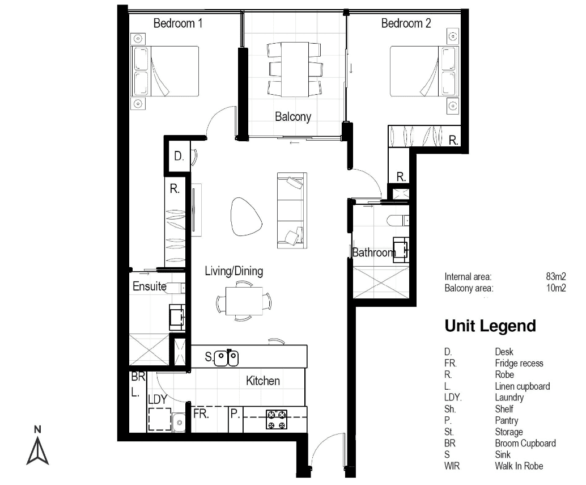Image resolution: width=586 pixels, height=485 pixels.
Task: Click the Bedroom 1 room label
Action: (x=178, y=24)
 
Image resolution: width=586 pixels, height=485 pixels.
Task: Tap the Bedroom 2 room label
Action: (x=406, y=24)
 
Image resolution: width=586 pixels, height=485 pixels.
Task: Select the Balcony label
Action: (x=293, y=117)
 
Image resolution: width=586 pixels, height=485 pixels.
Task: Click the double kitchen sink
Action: (x=227, y=357)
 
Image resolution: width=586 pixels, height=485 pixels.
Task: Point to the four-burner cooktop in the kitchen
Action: (x=277, y=419)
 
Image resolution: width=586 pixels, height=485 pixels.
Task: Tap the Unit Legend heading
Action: (x=490, y=326)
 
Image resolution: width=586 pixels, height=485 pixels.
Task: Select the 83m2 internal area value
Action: (x=556, y=277)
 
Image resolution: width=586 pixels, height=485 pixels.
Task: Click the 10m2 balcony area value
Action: (x=556, y=288)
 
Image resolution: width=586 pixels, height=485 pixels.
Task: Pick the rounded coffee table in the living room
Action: (x=245, y=217)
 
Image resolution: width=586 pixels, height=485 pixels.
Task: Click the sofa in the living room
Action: (x=292, y=210)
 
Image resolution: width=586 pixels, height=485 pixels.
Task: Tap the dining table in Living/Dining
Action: (x=244, y=301)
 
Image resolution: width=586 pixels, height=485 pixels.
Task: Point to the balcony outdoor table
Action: (x=295, y=70)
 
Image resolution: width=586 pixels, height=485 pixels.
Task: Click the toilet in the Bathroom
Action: (x=398, y=221)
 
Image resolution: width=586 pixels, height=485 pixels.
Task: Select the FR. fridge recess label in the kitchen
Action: (x=201, y=414)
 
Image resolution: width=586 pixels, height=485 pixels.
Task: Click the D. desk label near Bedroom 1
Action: (x=179, y=157)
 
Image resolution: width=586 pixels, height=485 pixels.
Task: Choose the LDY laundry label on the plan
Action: (x=158, y=400)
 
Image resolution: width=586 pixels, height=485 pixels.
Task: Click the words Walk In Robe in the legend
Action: (x=519, y=466)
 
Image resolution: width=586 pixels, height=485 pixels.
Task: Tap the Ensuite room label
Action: (x=150, y=286)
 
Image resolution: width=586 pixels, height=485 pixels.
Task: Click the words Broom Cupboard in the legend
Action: (x=525, y=444)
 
